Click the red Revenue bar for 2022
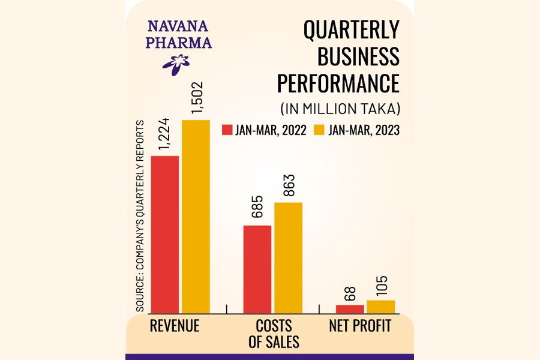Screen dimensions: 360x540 pyautogui.click(x=165, y=234)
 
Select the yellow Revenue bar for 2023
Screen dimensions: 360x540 pyautogui.click(x=196, y=216)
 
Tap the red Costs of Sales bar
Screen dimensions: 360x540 pyautogui.click(x=257, y=269)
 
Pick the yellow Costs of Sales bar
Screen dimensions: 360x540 pyautogui.click(x=288, y=257)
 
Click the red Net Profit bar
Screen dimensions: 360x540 pyautogui.click(x=350, y=308)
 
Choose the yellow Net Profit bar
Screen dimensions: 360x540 pyautogui.click(x=380, y=306)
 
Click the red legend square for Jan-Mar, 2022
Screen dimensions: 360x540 pyautogui.click(x=227, y=130)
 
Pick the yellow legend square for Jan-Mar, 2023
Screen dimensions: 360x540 pyautogui.click(x=319, y=130)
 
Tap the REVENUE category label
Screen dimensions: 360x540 pyautogui.click(x=175, y=326)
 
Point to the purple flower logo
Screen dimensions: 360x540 pyautogui.click(x=176, y=63)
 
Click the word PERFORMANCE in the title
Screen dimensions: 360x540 pyautogui.click(x=338, y=83)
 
